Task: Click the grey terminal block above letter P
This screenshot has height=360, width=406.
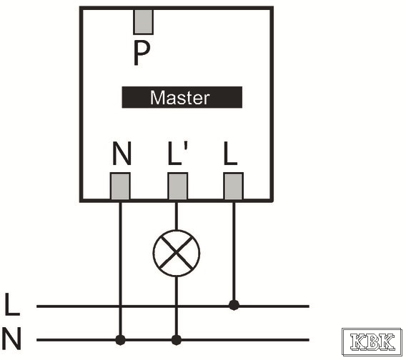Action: pos(143,21)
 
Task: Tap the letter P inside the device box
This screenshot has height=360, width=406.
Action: pos(142,54)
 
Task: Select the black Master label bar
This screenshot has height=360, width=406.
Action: pos(182,97)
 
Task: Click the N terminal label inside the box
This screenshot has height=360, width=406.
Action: pos(122,153)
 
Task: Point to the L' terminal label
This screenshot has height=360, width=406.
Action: pos(177,153)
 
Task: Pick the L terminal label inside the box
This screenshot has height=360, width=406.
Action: pos(230,153)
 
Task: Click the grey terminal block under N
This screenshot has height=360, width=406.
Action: pos(120,186)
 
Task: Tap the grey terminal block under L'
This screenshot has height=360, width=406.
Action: pos(178,186)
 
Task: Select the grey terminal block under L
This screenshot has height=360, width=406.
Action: pos(233,186)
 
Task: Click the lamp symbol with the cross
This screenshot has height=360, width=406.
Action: pos(177,253)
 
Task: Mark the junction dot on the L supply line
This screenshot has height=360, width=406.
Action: pos(234,305)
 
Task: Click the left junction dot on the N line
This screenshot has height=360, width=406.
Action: pos(120,340)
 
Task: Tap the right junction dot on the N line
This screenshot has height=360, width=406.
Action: pos(177,340)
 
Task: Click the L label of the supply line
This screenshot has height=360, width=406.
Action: pos(12,304)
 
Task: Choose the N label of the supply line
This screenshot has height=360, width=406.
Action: pos(11,339)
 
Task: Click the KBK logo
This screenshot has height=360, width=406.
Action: pos(372,342)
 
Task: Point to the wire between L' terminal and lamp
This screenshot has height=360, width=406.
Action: pos(177,215)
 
